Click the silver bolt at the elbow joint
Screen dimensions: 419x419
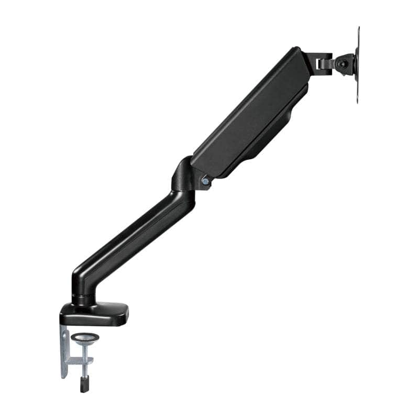point(205,181)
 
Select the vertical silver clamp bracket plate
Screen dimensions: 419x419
point(64,351)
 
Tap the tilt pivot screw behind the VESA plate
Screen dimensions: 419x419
point(342,63)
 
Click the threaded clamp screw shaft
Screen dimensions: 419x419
point(82,367)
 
